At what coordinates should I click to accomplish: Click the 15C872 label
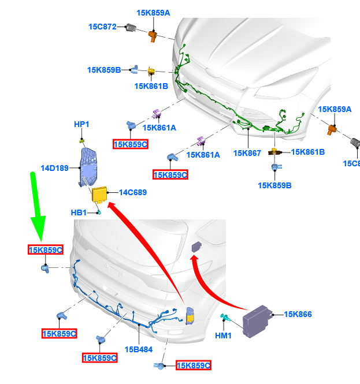[102, 27]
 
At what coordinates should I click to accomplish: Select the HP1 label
[81, 124]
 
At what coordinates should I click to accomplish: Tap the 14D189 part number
[54, 168]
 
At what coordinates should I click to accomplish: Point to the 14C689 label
[133, 192]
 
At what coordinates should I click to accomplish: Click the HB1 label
[79, 212]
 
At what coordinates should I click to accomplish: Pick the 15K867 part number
[247, 153]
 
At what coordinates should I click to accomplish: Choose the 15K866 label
[298, 314]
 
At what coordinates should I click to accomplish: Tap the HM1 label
[223, 335]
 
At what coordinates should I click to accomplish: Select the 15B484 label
[139, 349]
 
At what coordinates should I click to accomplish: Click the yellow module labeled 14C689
[99, 195]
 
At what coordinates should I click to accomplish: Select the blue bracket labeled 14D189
[88, 167]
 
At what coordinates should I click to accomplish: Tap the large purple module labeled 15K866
[257, 321]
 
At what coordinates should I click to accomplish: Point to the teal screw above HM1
[225, 318]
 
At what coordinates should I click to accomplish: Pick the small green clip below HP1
[82, 141]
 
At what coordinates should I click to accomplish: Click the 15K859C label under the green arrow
[46, 250]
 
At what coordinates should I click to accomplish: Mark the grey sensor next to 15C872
[131, 27]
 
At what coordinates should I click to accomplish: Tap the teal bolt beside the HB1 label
[98, 212]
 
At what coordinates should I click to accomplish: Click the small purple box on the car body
[196, 247]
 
